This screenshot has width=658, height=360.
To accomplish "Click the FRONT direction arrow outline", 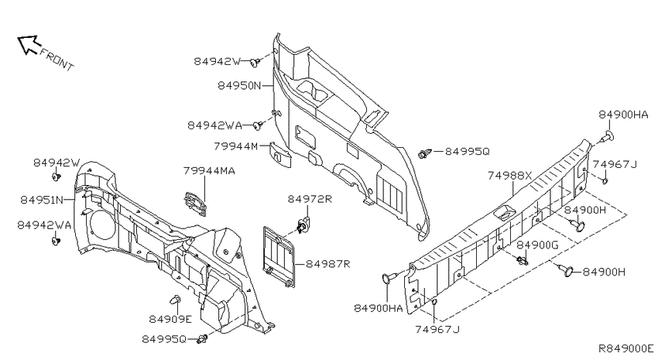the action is [x=29, y=44].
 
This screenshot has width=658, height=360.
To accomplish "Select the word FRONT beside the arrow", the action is [x=57, y=59].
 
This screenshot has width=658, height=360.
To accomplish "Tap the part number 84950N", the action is [x=240, y=86].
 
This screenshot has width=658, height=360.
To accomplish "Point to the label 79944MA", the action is [x=209, y=171].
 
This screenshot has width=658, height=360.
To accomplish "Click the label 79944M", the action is [x=236, y=146].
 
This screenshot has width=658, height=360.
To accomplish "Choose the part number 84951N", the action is [x=42, y=201].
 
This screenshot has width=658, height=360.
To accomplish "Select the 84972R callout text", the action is [x=310, y=199].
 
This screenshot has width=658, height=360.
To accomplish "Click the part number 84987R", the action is [x=327, y=264].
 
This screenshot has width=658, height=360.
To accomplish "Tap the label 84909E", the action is [x=170, y=319].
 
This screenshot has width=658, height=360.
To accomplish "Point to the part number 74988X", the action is [x=509, y=176].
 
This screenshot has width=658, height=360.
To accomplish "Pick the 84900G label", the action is [x=537, y=245].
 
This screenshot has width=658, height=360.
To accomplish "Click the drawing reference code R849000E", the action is [x=625, y=348].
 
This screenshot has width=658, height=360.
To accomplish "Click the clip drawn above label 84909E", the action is [x=176, y=300].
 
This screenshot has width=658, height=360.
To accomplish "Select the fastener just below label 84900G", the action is [x=523, y=261].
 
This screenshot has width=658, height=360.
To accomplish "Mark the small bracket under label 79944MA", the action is [x=195, y=204].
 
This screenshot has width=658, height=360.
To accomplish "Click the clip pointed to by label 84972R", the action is [x=303, y=226].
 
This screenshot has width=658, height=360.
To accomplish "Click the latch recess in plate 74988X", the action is [x=505, y=212].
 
